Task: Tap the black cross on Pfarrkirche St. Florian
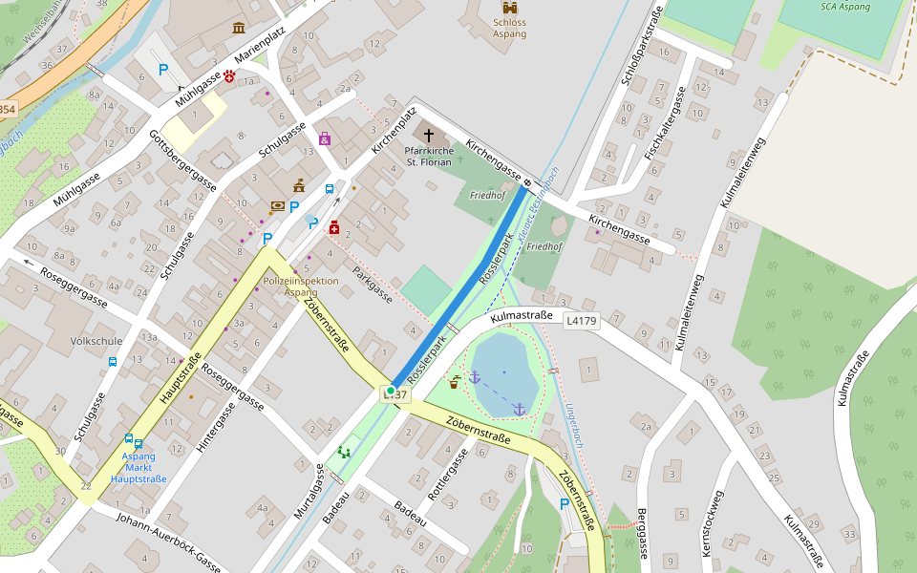tap(429, 136)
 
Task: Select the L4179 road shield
tap(581, 321)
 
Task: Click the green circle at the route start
tap(391, 391)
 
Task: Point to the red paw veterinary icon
tap(229, 75)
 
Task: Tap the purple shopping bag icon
tap(325, 138)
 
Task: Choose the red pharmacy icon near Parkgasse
tap(334, 227)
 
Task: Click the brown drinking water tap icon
tap(455, 383)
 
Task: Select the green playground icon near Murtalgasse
tap(344, 452)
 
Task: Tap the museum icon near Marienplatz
tap(238, 28)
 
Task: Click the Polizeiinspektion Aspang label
tap(301, 286)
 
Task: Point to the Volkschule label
tap(96, 340)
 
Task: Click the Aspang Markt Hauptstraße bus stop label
tap(139, 468)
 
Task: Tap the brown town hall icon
tap(299, 185)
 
